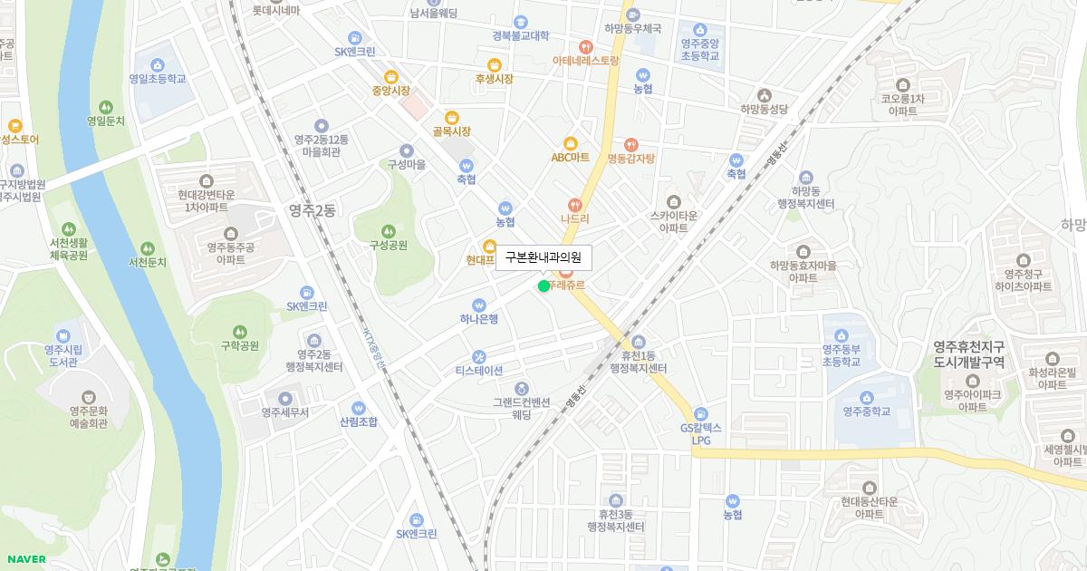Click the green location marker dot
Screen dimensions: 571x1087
tap(543, 286)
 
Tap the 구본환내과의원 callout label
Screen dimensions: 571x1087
tap(543, 258)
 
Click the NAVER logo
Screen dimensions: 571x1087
tap(24, 558)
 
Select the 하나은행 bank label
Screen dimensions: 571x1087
tap(479, 318)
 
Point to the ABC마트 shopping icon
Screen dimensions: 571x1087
tap(571, 142)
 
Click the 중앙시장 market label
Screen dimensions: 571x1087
tap(390, 91)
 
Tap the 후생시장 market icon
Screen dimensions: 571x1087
tap(495, 64)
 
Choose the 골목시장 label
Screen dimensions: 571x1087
tap(451, 131)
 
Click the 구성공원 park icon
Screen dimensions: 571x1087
tap(389, 230)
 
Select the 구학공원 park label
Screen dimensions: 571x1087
tap(240, 345)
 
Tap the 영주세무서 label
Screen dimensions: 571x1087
tap(285, 411)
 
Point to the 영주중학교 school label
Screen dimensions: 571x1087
tap(867, 411)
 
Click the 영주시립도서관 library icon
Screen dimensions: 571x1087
tap(63, 335)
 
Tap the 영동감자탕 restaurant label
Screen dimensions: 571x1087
tap(630, 158)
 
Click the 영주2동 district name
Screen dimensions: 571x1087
tap(313, 210)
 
